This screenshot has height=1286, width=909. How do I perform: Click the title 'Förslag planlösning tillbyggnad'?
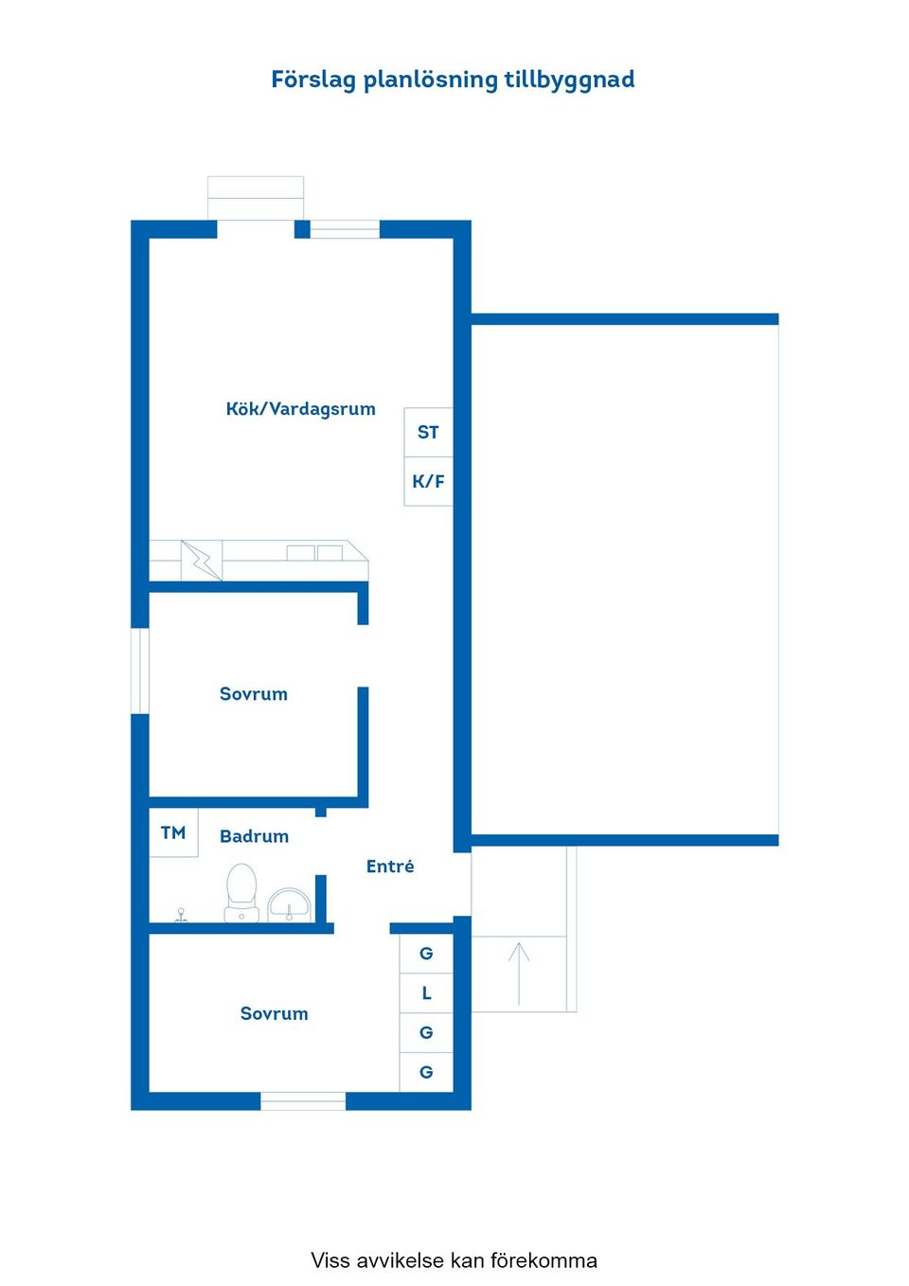click(453, 80)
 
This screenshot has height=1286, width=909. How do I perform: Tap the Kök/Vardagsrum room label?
click(301, 409)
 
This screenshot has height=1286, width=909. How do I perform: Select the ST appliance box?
click(428, 433)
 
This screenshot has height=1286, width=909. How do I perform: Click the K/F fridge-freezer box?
click(428, 482)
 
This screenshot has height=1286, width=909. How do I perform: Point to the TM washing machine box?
click(173, 833)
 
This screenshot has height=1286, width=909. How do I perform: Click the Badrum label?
click(254, 836)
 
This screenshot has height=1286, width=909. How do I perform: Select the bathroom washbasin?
click(289, 905)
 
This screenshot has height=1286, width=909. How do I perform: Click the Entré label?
click(390, 866)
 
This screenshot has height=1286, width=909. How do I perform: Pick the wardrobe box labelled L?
click(426, 993)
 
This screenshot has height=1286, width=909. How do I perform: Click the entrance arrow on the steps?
click(519, 973)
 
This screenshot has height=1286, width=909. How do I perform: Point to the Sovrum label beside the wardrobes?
click(275, 1013)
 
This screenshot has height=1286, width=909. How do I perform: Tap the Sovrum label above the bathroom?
click(254, 693)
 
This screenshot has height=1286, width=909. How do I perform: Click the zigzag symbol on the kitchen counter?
click(202, 561)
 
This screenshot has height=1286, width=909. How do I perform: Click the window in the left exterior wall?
click(140, 671)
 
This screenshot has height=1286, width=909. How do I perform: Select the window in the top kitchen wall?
click(345, 229)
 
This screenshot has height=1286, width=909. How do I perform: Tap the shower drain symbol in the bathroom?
click(181, 916)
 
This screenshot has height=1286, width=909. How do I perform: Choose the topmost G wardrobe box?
click(426, 954)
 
